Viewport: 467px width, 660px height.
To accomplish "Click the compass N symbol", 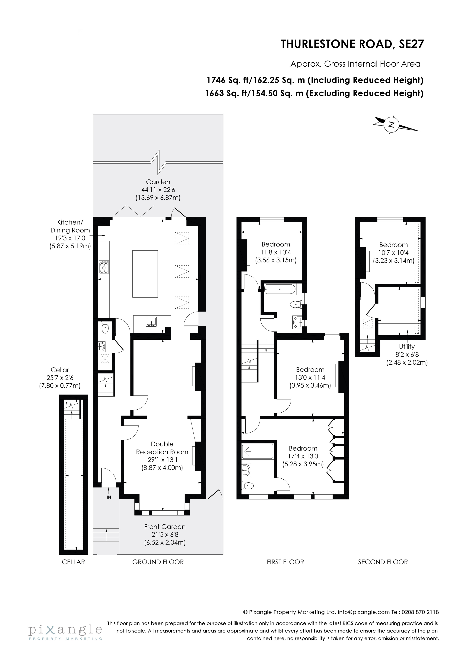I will [391, 125].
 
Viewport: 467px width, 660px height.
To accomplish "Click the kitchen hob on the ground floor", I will [104, 267].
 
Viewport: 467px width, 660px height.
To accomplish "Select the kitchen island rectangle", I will [145, 274].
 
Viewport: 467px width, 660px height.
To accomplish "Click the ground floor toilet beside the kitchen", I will [105, 328].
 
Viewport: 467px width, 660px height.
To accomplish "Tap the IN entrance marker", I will [109, 497].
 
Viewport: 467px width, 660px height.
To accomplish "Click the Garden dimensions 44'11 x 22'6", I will [158, 190].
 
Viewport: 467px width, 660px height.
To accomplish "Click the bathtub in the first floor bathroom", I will [280, 289].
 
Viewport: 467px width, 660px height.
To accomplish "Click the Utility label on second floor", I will [407, 347].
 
